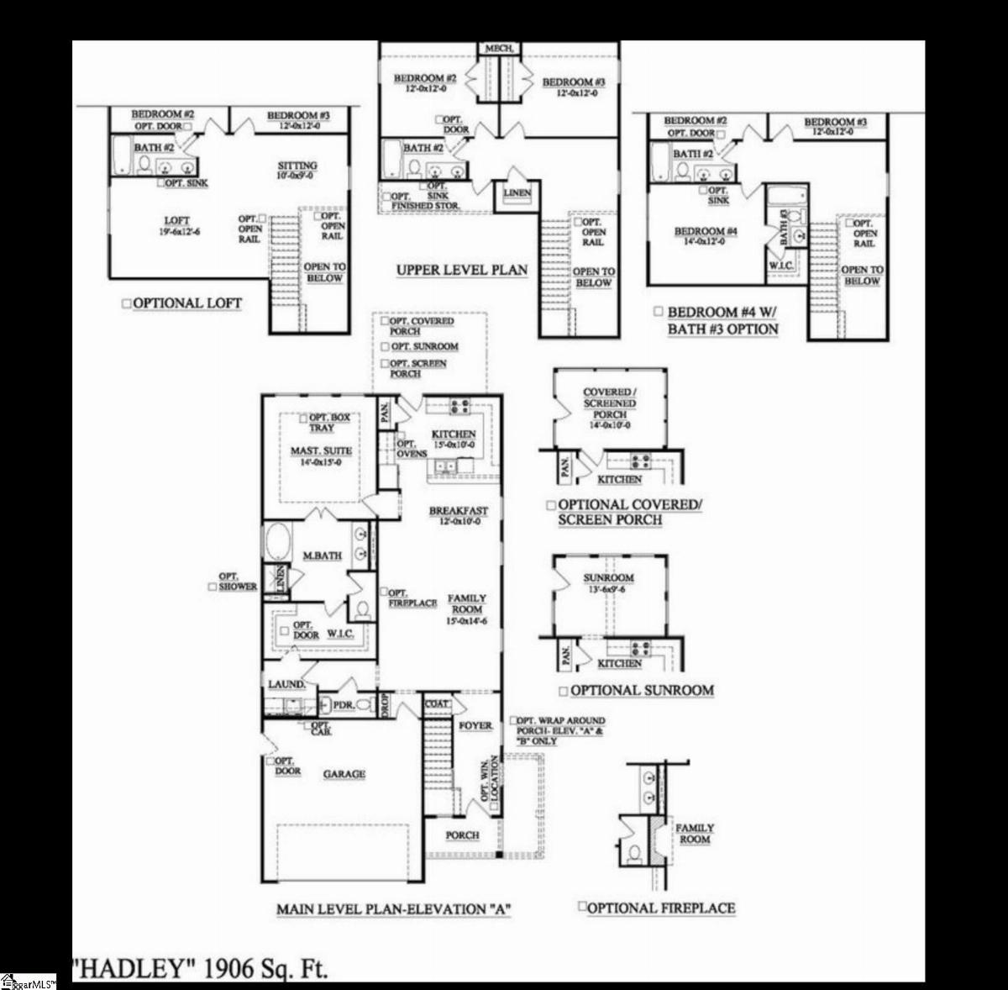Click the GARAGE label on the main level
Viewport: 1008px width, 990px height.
click(344, 773)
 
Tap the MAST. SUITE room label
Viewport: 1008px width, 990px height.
click(321, 451)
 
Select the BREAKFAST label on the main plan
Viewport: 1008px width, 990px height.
click(458, 511)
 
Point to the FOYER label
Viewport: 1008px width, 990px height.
click(475, 725)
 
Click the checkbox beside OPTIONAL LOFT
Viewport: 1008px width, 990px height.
click(127, 303)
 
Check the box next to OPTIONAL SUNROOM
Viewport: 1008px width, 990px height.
click(563, 691)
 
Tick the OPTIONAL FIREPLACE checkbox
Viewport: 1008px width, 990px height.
click(582, 907)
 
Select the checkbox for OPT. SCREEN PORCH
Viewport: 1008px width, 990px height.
click(385, 364)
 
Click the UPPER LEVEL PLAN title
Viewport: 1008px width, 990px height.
click(462, 270)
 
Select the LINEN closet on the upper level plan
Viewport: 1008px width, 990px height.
click(517, 194)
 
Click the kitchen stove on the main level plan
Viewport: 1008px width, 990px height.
click(459, 408)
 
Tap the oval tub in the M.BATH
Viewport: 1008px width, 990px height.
click(276, 543)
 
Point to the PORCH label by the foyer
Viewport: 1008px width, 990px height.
click(462, 835)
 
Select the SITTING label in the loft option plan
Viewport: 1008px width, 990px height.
click(297, 166)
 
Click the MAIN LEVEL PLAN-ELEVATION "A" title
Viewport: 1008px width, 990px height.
click(394, 908)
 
